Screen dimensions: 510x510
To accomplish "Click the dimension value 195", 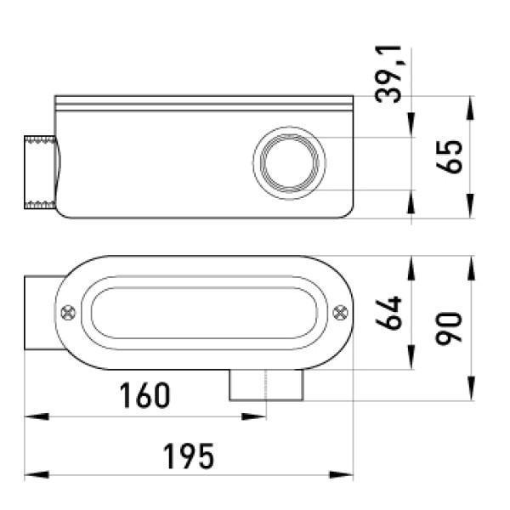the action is (189, 456).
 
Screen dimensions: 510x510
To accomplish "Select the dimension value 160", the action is (144, 395).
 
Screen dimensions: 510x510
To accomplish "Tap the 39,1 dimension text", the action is (388, 74).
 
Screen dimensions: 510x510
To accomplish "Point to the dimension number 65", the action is (449, 156).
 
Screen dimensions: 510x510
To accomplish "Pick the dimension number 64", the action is (388, 313).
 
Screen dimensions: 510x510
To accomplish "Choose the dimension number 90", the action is (449, 327).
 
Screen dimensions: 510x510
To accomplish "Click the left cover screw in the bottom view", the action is (68, 313).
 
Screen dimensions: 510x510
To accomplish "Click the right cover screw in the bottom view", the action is (340, 313).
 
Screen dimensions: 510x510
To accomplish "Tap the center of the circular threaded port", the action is (289, 163).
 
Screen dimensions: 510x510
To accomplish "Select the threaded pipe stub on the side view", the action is (40, 173).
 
